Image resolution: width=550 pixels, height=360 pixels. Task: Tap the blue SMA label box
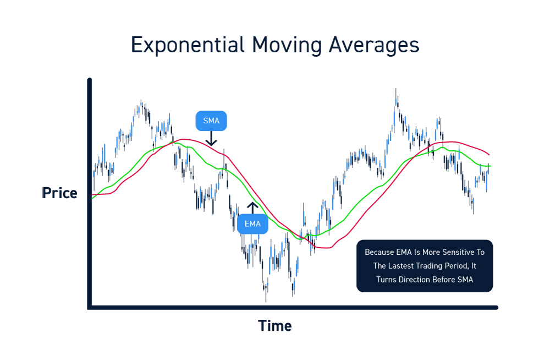[x=211, y=121]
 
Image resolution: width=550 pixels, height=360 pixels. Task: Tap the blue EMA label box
[x=252, y=224]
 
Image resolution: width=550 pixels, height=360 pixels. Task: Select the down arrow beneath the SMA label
[x=211, y=140]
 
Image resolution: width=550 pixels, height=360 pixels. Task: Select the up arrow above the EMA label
[x=252, y=208]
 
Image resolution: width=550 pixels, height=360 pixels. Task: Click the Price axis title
[x=60, y=193]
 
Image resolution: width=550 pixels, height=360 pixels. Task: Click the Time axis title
[x=275, y=326]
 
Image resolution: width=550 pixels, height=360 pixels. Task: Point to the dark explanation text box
[x=425, y=266]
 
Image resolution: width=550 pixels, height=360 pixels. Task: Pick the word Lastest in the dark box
[x=403, y=266]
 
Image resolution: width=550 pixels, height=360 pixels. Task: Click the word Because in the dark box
[x=379, y=252]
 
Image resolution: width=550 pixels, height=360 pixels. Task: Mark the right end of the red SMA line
[x=489, y=155]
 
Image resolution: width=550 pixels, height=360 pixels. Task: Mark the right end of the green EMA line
[x=490, y=166]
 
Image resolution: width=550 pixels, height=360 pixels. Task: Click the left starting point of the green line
[x=92, y=199]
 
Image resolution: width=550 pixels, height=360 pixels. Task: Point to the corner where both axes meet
[x=90, y=307]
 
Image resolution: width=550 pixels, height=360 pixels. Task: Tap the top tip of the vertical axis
[x=90, y=80]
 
